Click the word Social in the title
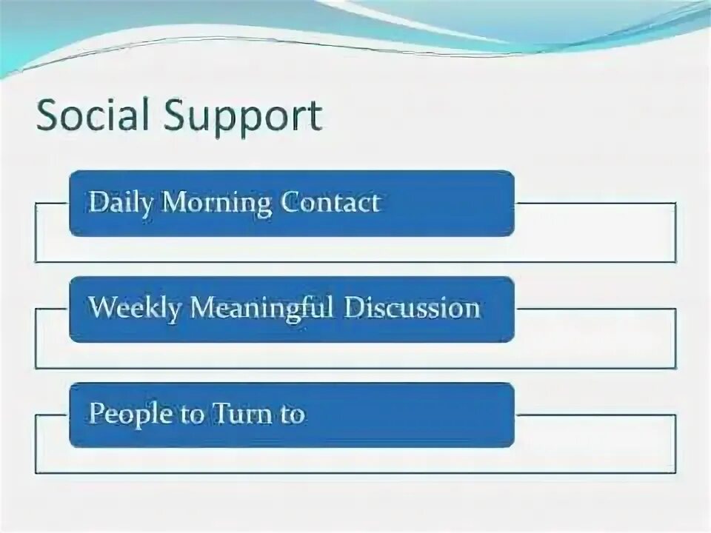tap(93, 115)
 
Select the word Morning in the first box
tap(217, 203)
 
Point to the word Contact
tap(330, 202)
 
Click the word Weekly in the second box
tap(134, 309)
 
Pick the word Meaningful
tap(261, 309)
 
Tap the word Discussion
tap(412, 308)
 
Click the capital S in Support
tap(173, 115)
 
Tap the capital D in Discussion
tap(354, 308)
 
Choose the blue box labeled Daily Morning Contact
tap(292, 204)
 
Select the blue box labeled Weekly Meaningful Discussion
tap(292, 309)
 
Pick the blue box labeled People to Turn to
tap(292, 415)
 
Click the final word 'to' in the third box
tap(293, 415)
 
